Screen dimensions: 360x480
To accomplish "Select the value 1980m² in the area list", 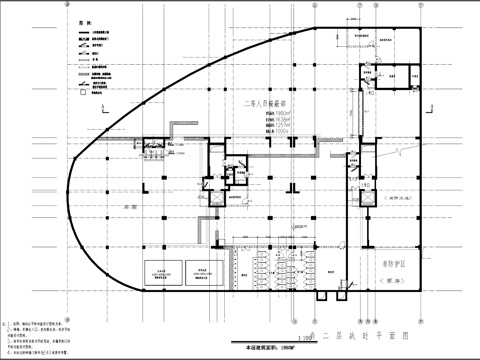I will (x=276, y=113).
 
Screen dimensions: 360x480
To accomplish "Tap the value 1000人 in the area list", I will (x=276, y=131).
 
